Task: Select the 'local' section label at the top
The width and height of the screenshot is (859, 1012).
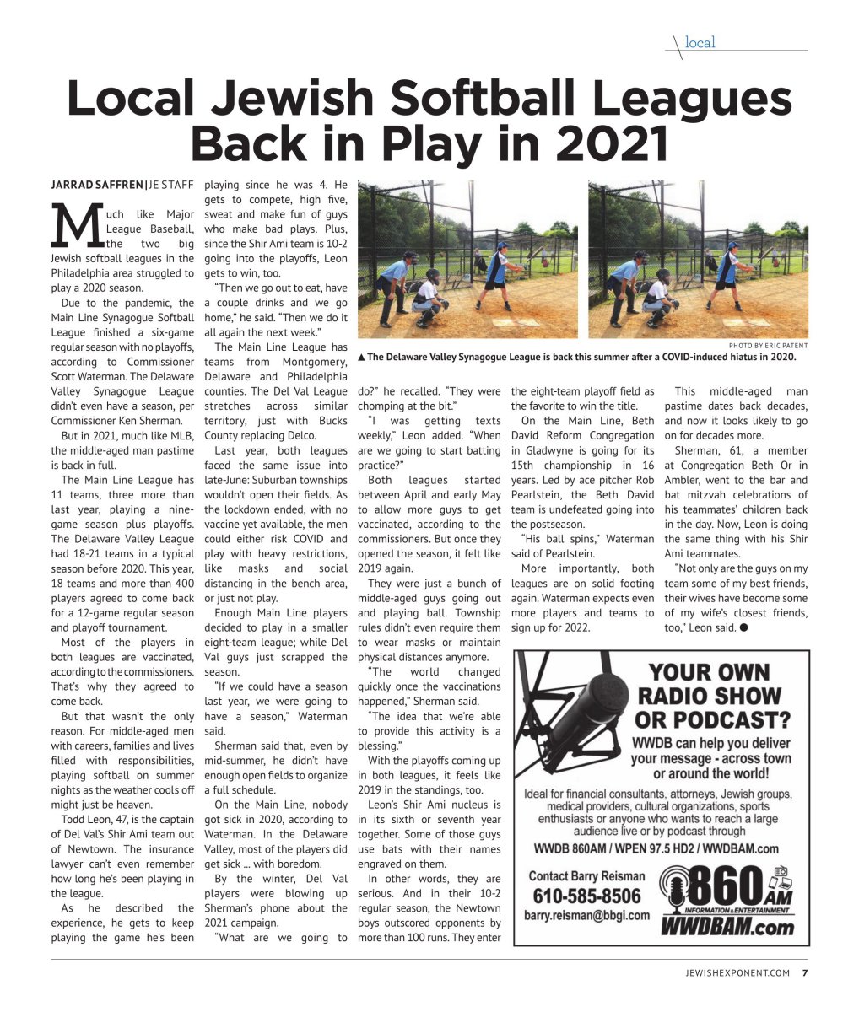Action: pyautogui.click(x=700, y=42)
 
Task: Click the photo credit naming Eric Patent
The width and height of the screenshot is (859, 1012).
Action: pyautogui.click(x=767, y=346)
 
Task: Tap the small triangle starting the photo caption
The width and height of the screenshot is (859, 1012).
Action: pyautogui.click(x=362, y=357)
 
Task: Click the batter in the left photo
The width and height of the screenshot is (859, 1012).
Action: pyautogui.click(x=497, y=274)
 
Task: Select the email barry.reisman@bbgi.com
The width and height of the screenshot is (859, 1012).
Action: pyautogui.click(x=586, y=915)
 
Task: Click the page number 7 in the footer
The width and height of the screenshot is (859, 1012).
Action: pyautogui.click(x=804, y=972)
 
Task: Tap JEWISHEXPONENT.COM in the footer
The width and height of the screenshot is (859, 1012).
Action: pyautogui.click(x=738, y=972)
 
